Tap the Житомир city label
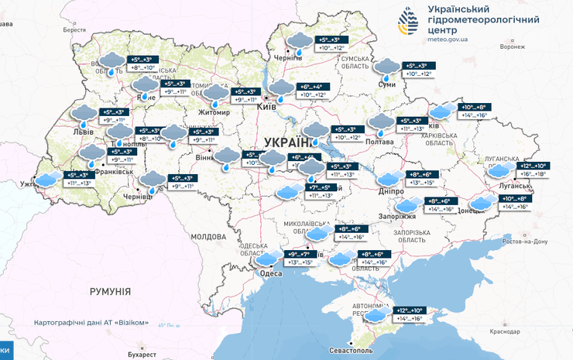point(215,112)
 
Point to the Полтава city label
point(380,141)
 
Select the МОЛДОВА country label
point(208,236)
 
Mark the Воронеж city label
point(513,46)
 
